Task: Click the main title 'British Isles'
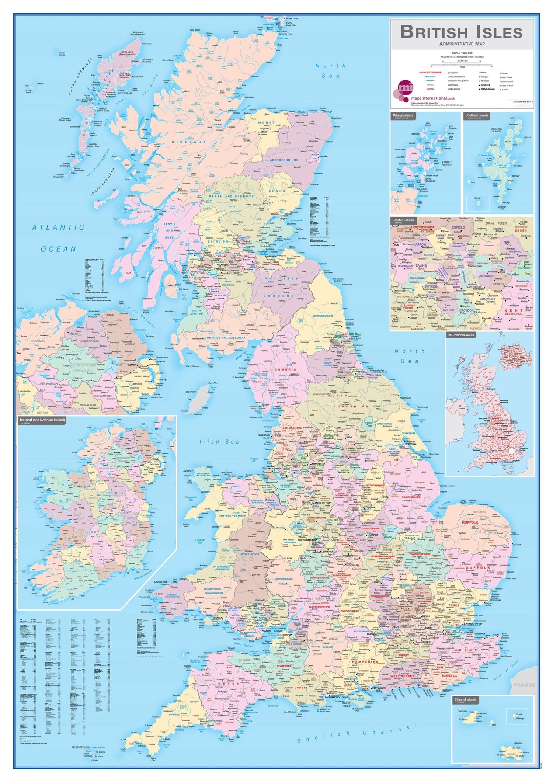point(461,32)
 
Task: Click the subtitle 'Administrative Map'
point(462,44)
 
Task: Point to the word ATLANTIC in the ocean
point(59,227)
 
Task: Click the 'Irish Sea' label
point(219,441)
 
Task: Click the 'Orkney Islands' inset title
point(403,115)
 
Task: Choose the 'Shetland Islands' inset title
point(477,115)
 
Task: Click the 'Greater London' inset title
point(403,220)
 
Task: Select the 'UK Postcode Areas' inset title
point(460,335)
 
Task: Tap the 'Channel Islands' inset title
point(465,699)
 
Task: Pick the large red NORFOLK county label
point(470,522)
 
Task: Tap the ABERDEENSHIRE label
point(284,160)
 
